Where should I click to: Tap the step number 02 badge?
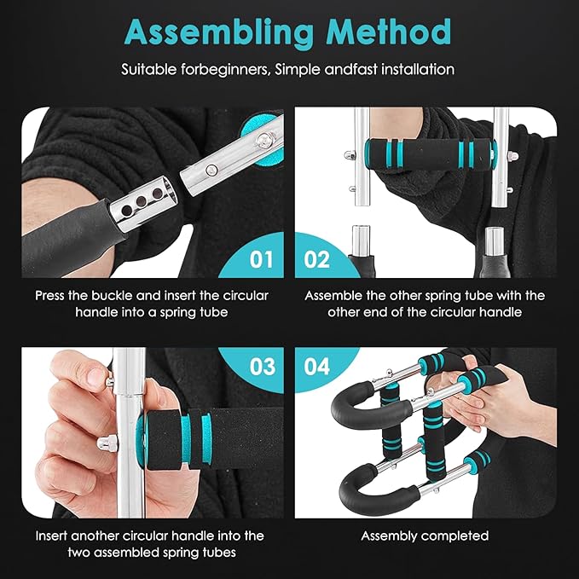(x=316, y=258)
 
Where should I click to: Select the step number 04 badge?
(x=316, y=367)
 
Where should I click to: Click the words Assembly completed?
(x=425, y=536)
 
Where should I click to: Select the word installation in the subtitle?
(x=414, y=68)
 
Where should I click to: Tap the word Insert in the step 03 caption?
(x=54, y=536)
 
